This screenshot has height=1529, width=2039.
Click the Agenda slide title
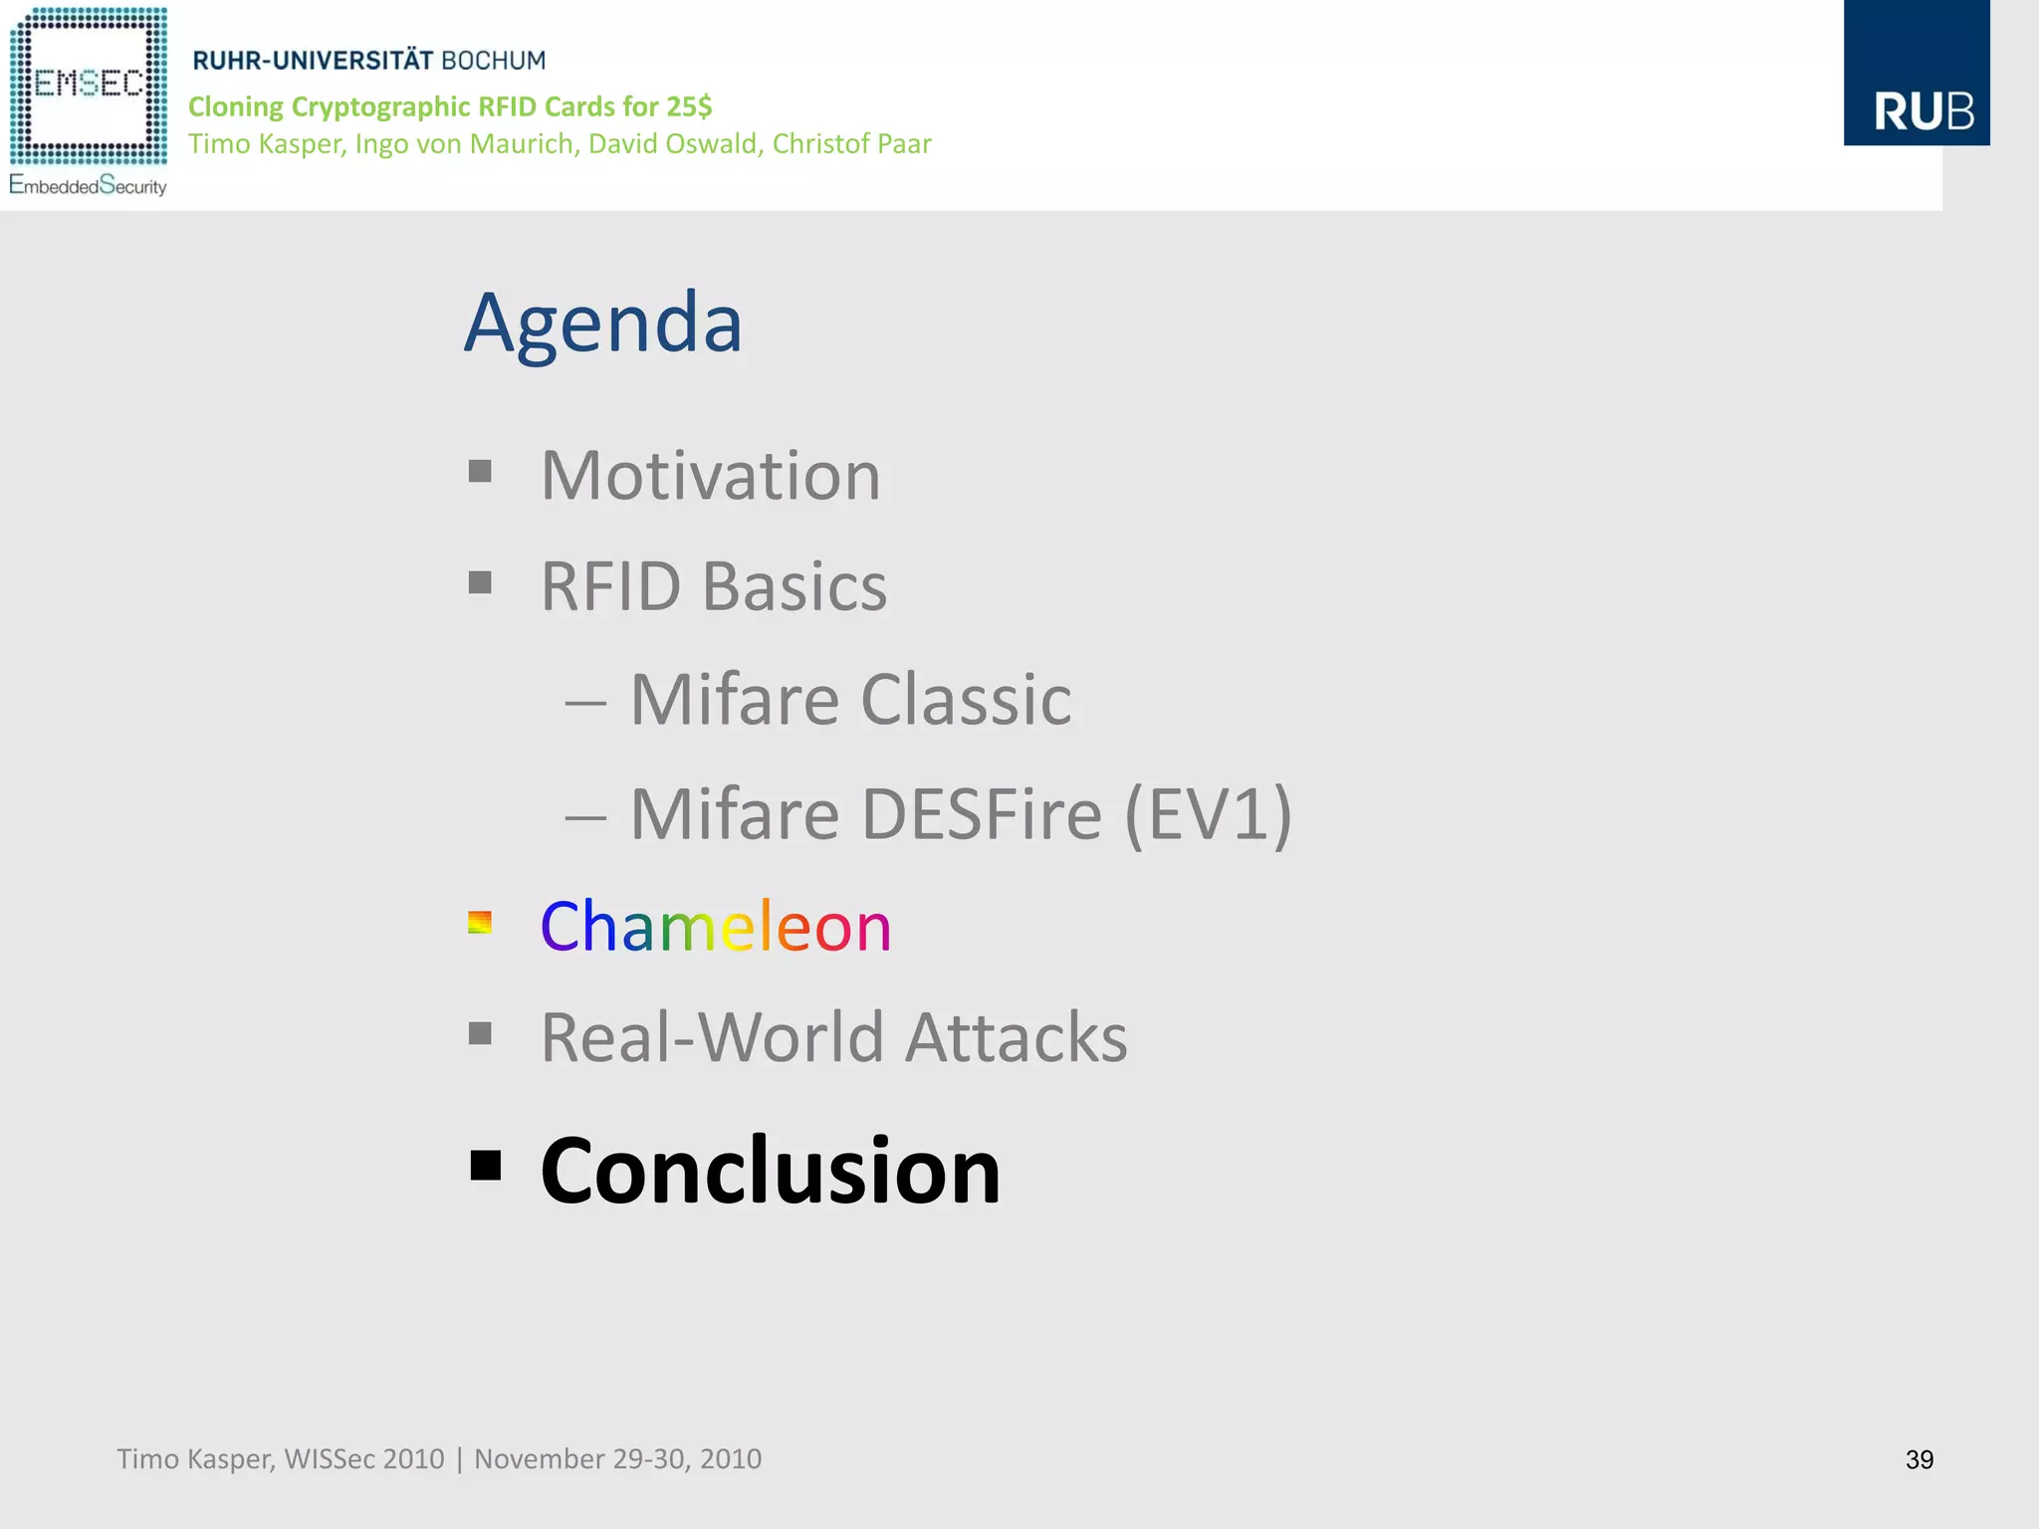[x=603, y=324]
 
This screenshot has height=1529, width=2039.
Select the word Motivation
[x=710, y=476]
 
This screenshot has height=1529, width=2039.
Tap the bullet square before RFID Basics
[x=480, y=582]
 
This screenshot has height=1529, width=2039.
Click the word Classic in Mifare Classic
[x=965, y=700]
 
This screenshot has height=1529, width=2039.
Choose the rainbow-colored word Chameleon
[x=715, y=927]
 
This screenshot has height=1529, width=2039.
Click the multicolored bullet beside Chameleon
[x=480, y=923]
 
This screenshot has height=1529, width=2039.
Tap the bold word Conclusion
[x=770, y=1172]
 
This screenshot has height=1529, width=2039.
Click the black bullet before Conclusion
[x=485, y=1165]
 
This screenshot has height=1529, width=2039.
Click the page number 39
[x=1919, y=1459]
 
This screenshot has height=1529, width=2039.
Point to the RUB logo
[x=1916, y=74]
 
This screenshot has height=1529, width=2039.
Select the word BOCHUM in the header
[x=493, y=61]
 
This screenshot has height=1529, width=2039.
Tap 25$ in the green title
[x=689, y=107]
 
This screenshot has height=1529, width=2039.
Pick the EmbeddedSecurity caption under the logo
[x=88, y=186]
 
